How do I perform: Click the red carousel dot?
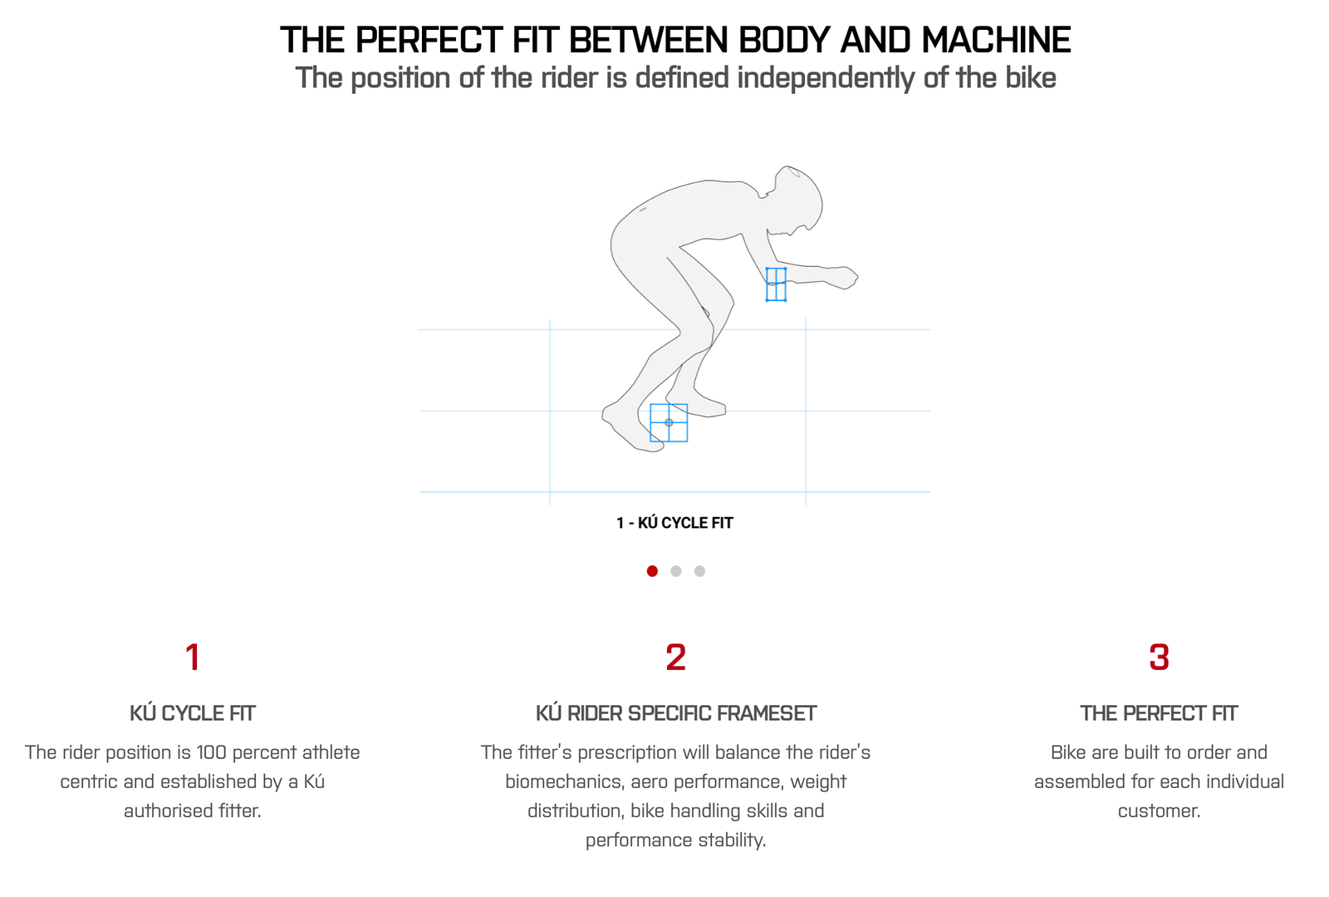click(x=652, y=571)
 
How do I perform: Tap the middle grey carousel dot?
click(x=676, y=571)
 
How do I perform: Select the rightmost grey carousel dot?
click(x=699, y=571)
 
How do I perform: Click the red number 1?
click(x=192, y=658)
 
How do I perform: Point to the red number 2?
click(x=676, y=658)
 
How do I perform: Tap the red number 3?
click(x=1159, y=658)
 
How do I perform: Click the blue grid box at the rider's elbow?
click(x=776, y=284)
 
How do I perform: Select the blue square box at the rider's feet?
click(x=669, y=422)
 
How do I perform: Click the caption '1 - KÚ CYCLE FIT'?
click(x=674, y=523)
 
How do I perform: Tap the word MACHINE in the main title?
click(x=996, y=41)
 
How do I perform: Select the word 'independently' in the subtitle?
click(x=826, y=79)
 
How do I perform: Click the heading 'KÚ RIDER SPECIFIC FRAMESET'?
click(x=676, y=713)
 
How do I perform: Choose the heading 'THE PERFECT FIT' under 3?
click(x=1159, y=713)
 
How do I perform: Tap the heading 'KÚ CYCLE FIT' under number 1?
click(x=192, y=713)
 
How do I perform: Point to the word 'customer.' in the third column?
click(x=1159, y=811)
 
